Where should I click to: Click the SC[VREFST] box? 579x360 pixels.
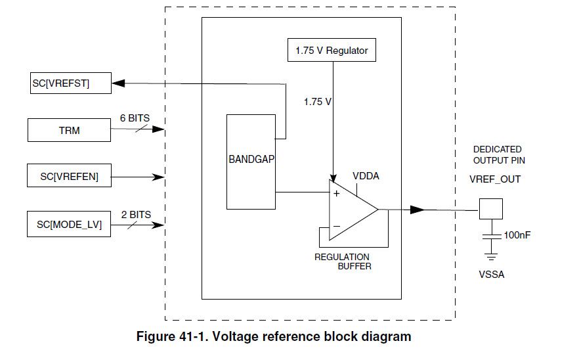pos(69,83)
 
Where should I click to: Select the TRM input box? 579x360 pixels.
pos(69,130)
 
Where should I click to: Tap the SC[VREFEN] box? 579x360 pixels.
pos(69,177)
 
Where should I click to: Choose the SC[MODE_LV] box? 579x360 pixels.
pos(69,225)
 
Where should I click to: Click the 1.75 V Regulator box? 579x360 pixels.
pos(332,50)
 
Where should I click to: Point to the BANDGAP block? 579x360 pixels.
pos(251,162)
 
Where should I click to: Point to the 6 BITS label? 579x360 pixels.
pos(135,118)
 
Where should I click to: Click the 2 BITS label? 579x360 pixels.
pos(135,214)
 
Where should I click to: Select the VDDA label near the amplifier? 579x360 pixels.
pos(366,176)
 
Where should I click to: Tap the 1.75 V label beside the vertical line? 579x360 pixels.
pos(316,102)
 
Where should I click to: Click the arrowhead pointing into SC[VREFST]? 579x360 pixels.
pos(119,83)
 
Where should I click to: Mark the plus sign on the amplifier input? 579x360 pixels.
pos(337,194)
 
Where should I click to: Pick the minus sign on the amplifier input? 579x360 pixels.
pos(337,227)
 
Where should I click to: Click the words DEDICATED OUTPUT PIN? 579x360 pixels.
pos(498,155)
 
